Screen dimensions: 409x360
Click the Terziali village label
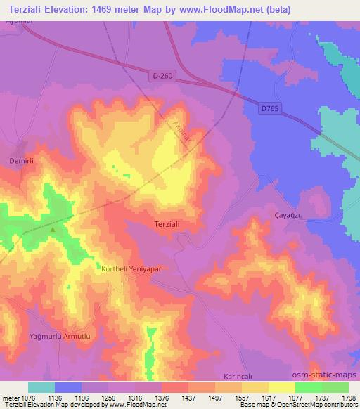[x=168, y=224]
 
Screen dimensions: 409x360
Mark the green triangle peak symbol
[x=53, y=228]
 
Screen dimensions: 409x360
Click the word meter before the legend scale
[x=10, y=397]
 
